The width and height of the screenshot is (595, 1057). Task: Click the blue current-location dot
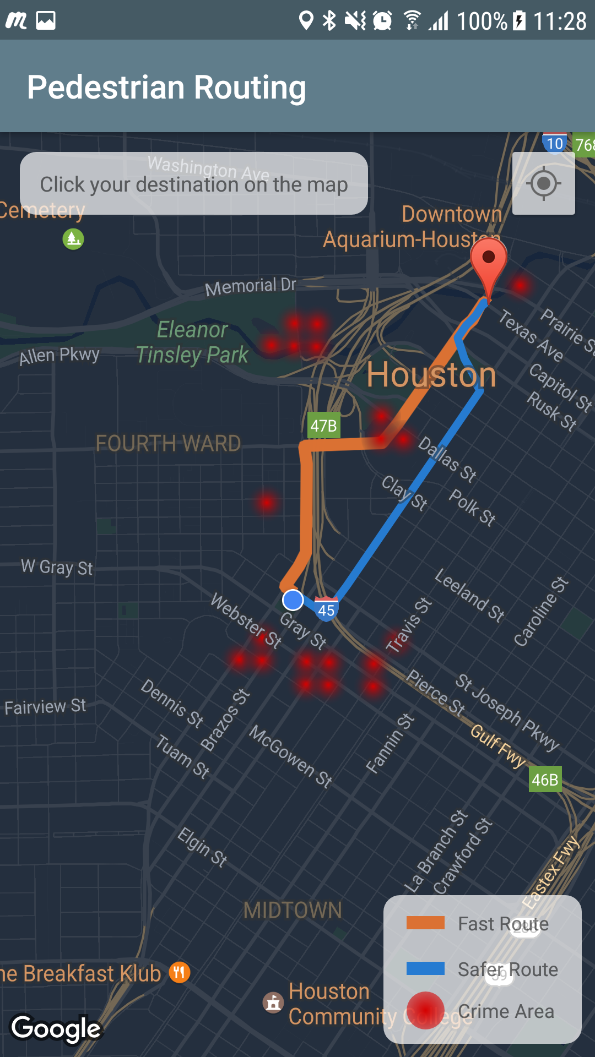point(293,600)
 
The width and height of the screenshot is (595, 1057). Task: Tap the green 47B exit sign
point(323,426)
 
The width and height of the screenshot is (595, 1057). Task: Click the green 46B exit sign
point(545,780)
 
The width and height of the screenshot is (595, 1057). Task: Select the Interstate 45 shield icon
point(326,609)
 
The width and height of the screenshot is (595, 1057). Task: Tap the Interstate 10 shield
point(554,144)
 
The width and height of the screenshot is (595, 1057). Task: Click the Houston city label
point(431,375)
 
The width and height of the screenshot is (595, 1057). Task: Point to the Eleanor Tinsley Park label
point(192,342)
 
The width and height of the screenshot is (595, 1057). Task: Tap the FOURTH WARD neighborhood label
point(168,444)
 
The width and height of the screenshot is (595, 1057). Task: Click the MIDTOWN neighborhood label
point(293,911)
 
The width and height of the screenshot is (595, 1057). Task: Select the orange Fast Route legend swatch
point(425,923)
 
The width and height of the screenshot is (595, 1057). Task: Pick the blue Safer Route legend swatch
point(425,968)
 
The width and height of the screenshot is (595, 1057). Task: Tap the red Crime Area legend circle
point(425,1011)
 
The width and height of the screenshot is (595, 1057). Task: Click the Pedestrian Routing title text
point(166,88)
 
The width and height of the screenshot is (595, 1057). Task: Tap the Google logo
point(56,1028)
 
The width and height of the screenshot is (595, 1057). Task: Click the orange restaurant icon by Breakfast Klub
point(180,973)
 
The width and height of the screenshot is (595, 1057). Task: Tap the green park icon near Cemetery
point(73,239)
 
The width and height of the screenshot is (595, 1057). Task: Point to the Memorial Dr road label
point(251,286)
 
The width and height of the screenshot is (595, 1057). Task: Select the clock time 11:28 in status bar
point(560,21)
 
